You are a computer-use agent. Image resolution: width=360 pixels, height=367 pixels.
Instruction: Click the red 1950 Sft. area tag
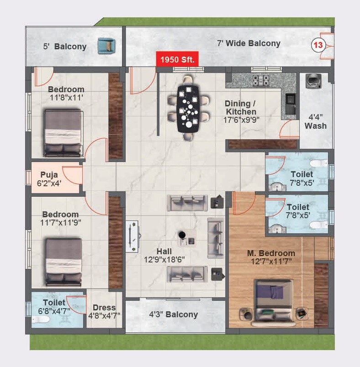point(177,59)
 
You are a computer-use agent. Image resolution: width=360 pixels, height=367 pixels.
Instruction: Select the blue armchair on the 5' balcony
point(106,46)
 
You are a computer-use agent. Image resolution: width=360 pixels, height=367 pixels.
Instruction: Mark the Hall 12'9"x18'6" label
point(164,256)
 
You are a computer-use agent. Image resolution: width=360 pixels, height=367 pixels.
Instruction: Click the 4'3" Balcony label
point(174,314)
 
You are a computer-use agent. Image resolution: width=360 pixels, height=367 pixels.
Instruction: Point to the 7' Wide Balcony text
point(249,43)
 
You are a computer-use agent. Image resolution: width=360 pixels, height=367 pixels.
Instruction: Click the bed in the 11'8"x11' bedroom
point(63,133)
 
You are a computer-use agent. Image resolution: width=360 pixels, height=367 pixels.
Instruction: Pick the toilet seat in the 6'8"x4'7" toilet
point(42,320)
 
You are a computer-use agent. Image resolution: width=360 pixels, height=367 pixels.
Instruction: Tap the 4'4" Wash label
point(316,121)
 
